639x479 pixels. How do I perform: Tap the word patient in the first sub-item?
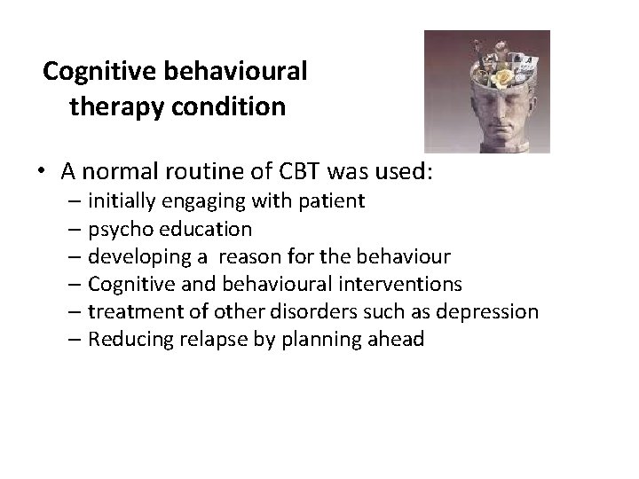[x=331, y=201]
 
